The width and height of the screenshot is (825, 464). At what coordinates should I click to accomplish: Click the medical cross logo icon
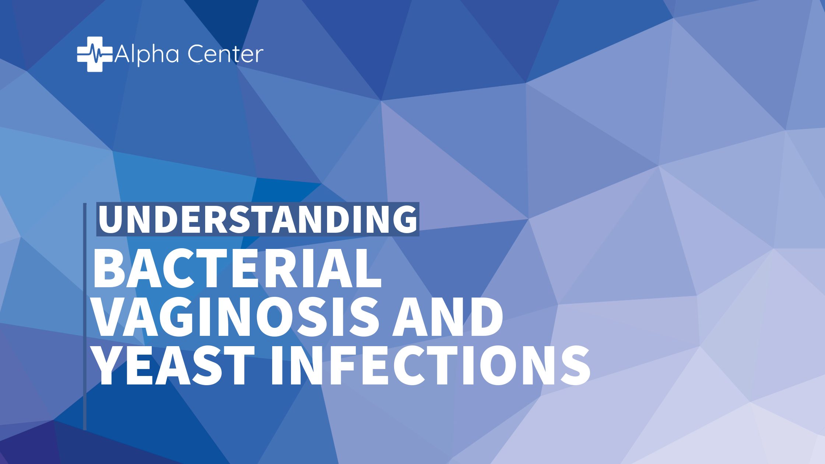pyautogui.click(x=94, y=54)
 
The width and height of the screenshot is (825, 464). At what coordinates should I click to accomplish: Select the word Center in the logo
pyautogui.click(x=226, y=54)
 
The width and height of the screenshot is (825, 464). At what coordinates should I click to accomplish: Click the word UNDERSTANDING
pyautogui.click(x=258, y=219)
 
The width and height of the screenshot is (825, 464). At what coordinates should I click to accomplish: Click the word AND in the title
pyautogui.click(x=447, y=317)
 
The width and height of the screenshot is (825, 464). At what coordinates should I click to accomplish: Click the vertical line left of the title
pyautogui.click(x=85, y=317)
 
